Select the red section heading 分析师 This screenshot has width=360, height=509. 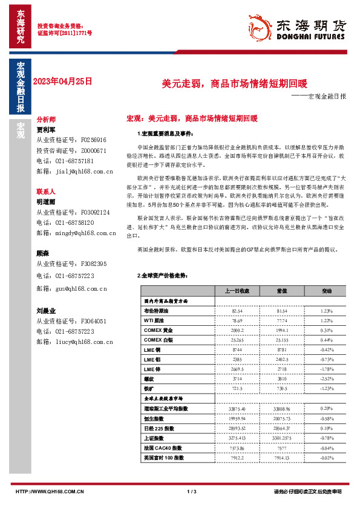coord(46,120)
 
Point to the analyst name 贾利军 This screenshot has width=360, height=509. coord(46,129)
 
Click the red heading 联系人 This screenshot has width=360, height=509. coord(46,191)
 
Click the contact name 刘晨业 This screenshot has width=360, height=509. coord(46,311)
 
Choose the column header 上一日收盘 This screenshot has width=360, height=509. coord(237,291)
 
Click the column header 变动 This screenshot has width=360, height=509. coord(327,291)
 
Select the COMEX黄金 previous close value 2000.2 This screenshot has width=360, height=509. coord(237,330)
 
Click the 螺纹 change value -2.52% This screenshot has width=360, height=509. coord(327,378)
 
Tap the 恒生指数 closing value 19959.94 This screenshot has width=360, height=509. coord(237,418)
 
